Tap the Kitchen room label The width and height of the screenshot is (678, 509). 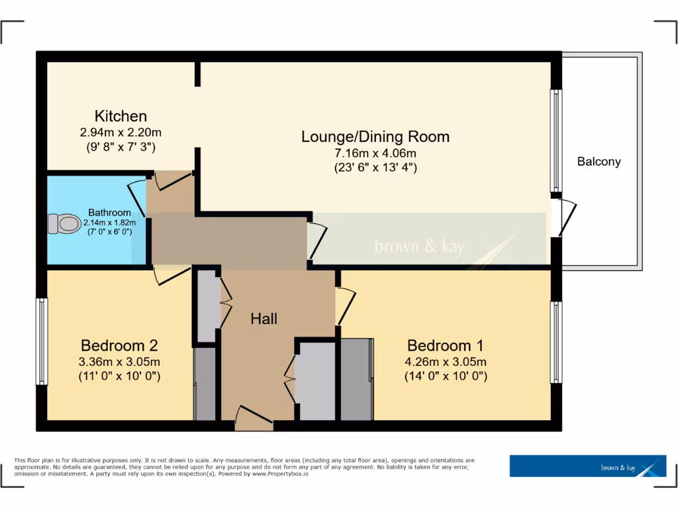(x=121, y=116)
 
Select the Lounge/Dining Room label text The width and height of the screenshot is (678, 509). (x=375, y=137)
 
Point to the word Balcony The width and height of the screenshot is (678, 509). (x=599, y=161)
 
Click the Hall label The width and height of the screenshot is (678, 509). (x=264, y=319)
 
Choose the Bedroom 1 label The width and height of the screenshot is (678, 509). (x=445, y=345)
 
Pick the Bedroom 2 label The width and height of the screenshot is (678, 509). (x=119, y=345)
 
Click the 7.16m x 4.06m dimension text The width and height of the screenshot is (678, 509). (x=375, y=153)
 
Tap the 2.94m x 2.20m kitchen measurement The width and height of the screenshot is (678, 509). (x=121, y=132)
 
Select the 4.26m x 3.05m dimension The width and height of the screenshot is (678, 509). (x=445, y=362)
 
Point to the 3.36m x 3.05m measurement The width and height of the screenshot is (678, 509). (x=119, y=362)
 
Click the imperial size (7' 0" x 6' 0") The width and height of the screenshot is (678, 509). (x=111, y=232)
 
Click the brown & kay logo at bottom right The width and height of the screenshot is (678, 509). (x=587, y=466)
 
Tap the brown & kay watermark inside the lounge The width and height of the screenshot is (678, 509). (x=420, y=247)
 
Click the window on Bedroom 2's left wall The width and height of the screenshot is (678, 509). (x=42, y=341)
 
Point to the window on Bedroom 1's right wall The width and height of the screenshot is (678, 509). (x=556, y=343)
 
